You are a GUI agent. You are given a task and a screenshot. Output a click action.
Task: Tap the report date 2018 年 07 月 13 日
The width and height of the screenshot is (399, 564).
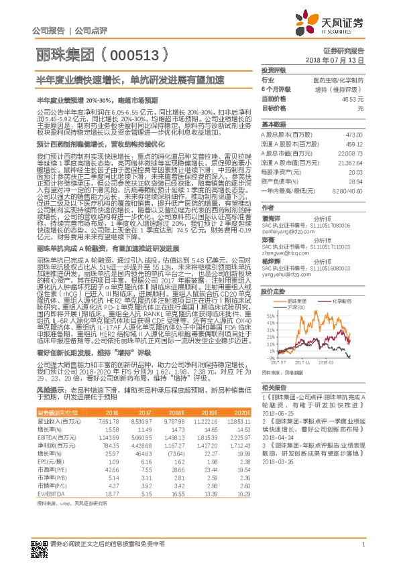(x=343, y=60)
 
